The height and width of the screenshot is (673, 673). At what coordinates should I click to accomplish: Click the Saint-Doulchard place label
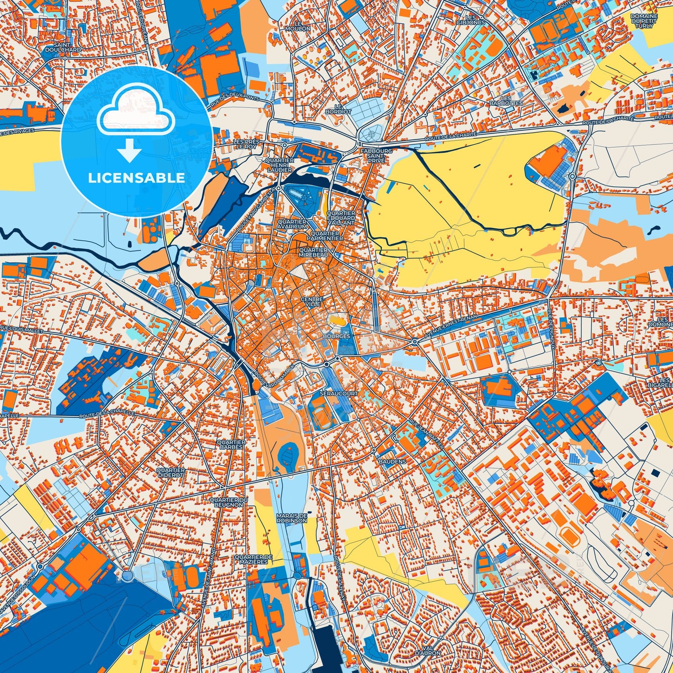[63, 47]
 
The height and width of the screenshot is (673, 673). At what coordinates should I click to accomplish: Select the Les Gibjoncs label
[470, 20]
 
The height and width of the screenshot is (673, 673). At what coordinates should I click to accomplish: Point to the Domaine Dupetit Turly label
[644, 21]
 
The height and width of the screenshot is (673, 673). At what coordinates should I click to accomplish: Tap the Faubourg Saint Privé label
[376, 156]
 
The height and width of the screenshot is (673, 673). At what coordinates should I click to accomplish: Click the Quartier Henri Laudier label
[279, 165]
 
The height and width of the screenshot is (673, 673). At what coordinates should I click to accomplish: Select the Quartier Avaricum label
[292, 224]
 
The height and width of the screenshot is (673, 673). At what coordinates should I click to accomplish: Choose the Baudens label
[392, 461]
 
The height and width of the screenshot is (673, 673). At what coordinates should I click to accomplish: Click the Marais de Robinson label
[292, 518]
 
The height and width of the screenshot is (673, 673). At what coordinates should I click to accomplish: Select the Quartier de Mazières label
[253, 559]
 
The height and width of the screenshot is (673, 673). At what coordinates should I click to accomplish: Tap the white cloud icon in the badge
[136, 112]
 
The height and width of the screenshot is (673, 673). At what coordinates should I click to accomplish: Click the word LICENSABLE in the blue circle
[136, 178]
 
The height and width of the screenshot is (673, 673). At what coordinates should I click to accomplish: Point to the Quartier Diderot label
[170, 473]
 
